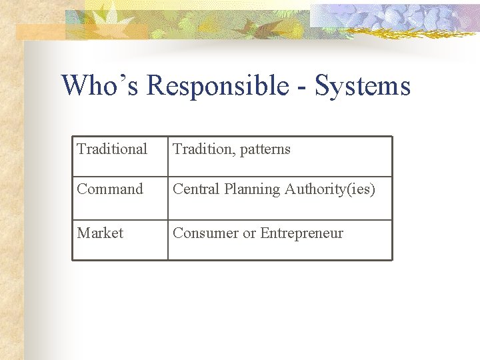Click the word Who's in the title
(100, 86)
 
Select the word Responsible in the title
(217, 86)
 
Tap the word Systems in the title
(362, 86)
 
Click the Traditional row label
(112, 149)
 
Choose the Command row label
(110, 189)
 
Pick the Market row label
(100, 233)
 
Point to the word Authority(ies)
(330, 190)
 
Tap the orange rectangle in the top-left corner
(40, 31)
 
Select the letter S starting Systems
(323, 86)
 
